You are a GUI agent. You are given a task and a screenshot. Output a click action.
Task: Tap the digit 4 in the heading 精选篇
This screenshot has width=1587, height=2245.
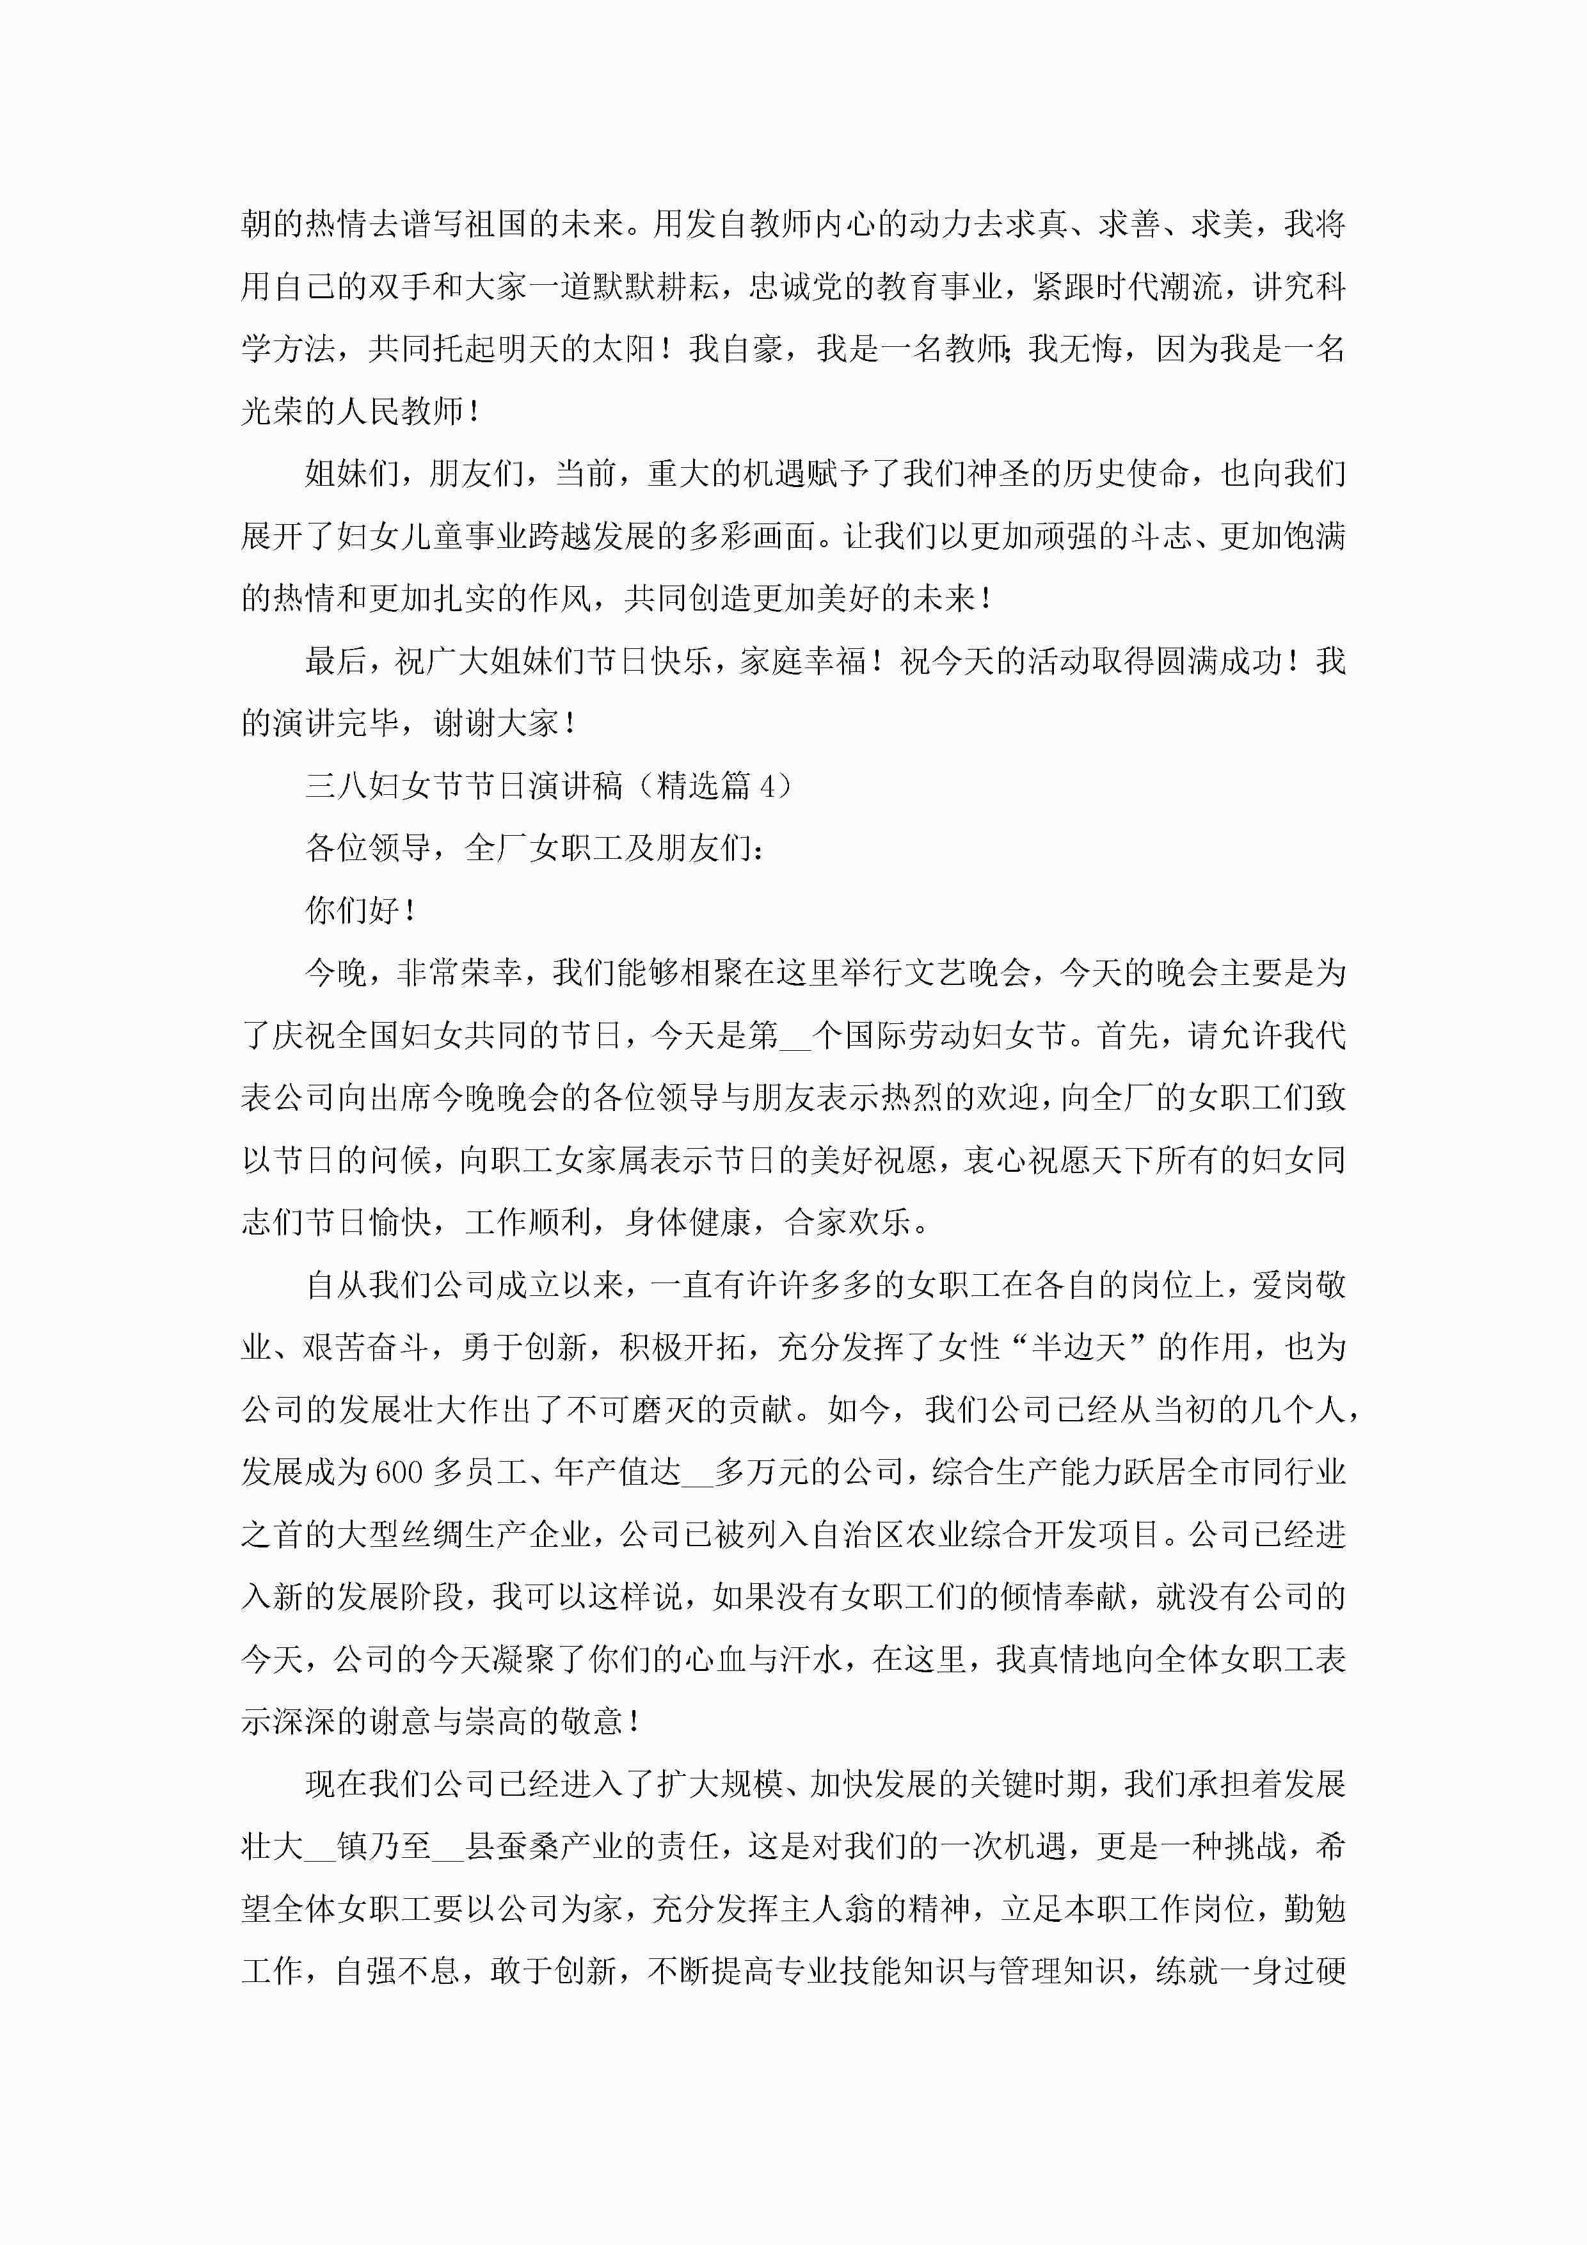(768, 785)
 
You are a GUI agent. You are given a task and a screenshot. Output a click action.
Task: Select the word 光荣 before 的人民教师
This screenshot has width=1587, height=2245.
(272, 411)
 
